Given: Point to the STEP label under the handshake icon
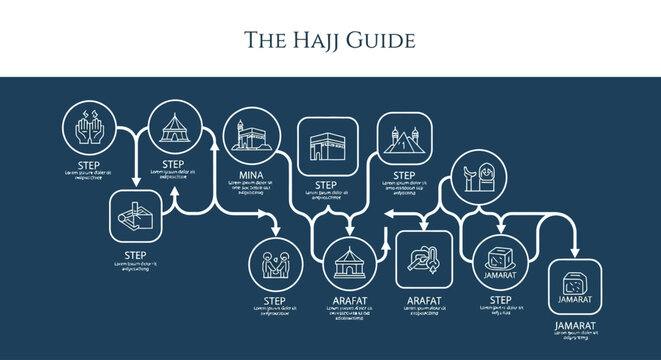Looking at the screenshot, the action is [276, 301].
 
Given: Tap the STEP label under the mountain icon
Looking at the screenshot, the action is [403, 175].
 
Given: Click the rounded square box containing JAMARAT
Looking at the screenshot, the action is [575, 287].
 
